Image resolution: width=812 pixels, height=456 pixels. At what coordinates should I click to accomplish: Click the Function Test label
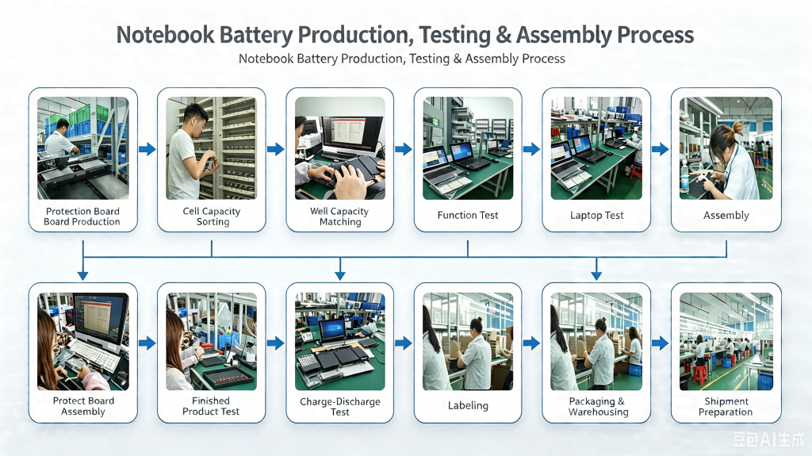click(x=468, y=215)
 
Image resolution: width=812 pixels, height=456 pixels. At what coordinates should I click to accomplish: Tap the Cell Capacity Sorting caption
click(x=211, y=216)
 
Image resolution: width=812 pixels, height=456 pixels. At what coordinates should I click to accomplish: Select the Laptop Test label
click(x=596, y=215)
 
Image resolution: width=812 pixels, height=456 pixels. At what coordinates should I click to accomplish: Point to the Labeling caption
click(x=468, y=405)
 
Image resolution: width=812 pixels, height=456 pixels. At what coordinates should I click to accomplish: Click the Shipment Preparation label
click(x=726, y=406)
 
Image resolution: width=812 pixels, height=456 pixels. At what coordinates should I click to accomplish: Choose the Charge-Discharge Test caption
click(x=339, y=406)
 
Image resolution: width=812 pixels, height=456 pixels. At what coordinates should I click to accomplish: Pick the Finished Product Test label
click(x=211, y=406)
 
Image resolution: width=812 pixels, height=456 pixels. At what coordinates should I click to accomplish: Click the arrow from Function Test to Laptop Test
click(x=531, y=149)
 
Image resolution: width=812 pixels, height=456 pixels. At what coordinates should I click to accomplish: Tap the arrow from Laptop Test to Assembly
click(x=660, y=149)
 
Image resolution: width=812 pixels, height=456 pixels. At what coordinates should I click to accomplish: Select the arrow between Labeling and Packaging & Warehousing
click(x=531, y=343)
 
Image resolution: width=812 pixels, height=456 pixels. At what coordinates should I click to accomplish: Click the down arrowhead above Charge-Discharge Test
click(x=339, y=275)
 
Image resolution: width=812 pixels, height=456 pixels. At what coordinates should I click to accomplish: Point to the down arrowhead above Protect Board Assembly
click(x=82, y=275)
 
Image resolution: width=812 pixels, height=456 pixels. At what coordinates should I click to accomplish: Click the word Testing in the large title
click(x=454, y=35)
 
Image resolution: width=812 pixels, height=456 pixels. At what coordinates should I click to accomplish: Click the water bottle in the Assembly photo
click(x=684, y=176)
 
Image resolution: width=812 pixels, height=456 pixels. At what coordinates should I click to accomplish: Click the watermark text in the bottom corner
click(x=768, y=439)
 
